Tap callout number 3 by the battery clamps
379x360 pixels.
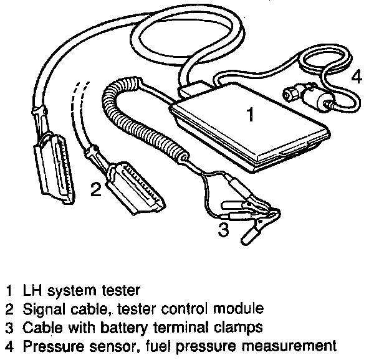tap(223, 230)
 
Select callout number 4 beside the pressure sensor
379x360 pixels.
tap(355, 77)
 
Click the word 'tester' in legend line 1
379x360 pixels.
tap(122, 290)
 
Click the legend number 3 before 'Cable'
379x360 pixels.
tap(8, 326)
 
